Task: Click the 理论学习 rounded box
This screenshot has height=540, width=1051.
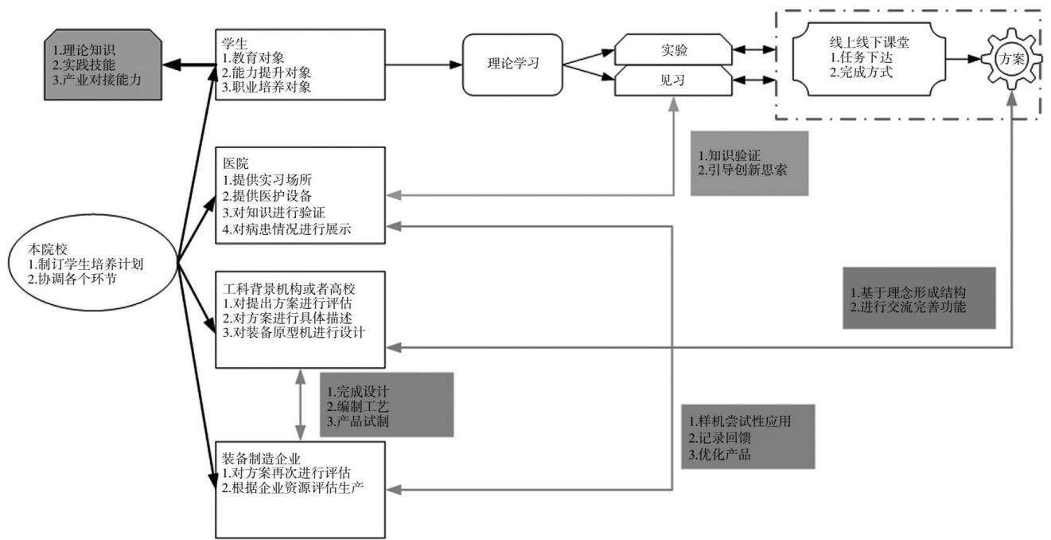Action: pyautogui.click(x=512, y=65)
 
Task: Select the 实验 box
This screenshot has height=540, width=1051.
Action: pyautogui.click(x=673, y=49)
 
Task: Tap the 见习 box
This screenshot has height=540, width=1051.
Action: pyautogui.click(x=673, y=80)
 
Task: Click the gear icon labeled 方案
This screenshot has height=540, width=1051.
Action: pyautogui.click(x=1011, y=59)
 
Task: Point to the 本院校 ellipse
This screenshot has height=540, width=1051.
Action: pyautogui.click(x=93, y=263)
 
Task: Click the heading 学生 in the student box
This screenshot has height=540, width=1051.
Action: pyautogui.click(x=235, y=44)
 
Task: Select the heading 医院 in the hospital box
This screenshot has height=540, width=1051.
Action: pyautogui.click(x=236, y=163)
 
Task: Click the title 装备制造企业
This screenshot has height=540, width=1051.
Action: pyautogui.click(x=261, y=458)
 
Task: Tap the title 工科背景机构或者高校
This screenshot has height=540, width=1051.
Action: pyautogui.click(x=289, y=288)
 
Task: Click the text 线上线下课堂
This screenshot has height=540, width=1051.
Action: pyautogui.click(x=869, y=43)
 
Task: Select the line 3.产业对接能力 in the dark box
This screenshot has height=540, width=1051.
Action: pyautogui.click(x=96, y=80)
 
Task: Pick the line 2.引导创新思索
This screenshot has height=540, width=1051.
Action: pyautogui.click(x=742, y=170)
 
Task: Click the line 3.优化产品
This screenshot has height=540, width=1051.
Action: pyautogui.click(x=719, y=454)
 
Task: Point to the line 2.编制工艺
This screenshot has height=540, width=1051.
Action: pyautogui.click(x=357, y=406)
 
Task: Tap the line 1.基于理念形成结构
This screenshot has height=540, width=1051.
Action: pyautogui.click(x=908, y=292)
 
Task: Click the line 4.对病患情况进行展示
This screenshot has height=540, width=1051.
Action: pyautogui.click(x=286, y=229)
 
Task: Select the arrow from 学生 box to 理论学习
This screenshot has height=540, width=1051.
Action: pyautogui.click(x=424, y=65)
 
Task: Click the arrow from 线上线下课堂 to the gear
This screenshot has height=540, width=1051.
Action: pyautogui.click(x=963, y=59)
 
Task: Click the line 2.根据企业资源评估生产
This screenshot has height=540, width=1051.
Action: pyautogui.click(x=293, y=487)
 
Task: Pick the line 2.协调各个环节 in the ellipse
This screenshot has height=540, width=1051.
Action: pyautogui.click(x=72, y=279)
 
